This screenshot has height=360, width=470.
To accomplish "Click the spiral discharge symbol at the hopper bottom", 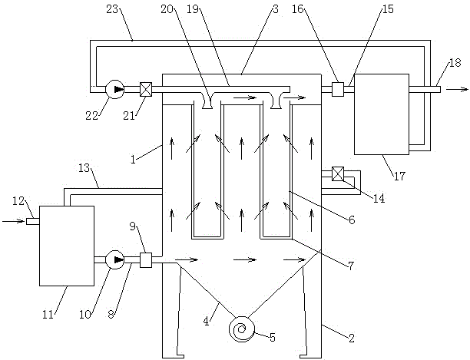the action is point(242,329).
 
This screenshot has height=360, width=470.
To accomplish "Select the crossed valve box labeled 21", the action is point(146,89).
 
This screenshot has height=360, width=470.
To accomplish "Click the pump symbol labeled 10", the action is point(115,259).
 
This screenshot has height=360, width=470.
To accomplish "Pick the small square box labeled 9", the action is point(146,260).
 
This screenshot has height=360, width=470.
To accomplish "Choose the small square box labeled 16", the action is point(338,89).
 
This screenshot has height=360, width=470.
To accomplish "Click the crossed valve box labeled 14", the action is point(338,174).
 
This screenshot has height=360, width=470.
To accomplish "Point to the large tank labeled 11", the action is point(67,246).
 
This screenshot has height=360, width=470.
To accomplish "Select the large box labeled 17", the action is point(382,114).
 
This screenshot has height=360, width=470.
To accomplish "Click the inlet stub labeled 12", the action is point(33,221).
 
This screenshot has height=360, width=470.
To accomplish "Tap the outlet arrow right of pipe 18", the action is point(457,89).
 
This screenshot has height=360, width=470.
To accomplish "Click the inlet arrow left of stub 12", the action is point(13,221).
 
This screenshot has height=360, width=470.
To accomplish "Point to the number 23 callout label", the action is point(113,9).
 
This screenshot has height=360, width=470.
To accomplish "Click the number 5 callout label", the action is point(272,338).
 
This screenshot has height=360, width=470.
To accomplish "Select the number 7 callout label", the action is point(350,265).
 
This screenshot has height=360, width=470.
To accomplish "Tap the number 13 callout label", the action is point(84,168).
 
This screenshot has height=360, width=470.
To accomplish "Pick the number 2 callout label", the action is point(352,339).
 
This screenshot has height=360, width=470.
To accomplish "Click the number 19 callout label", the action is point(193,9).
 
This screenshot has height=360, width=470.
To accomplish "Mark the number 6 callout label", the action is point(352,220).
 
